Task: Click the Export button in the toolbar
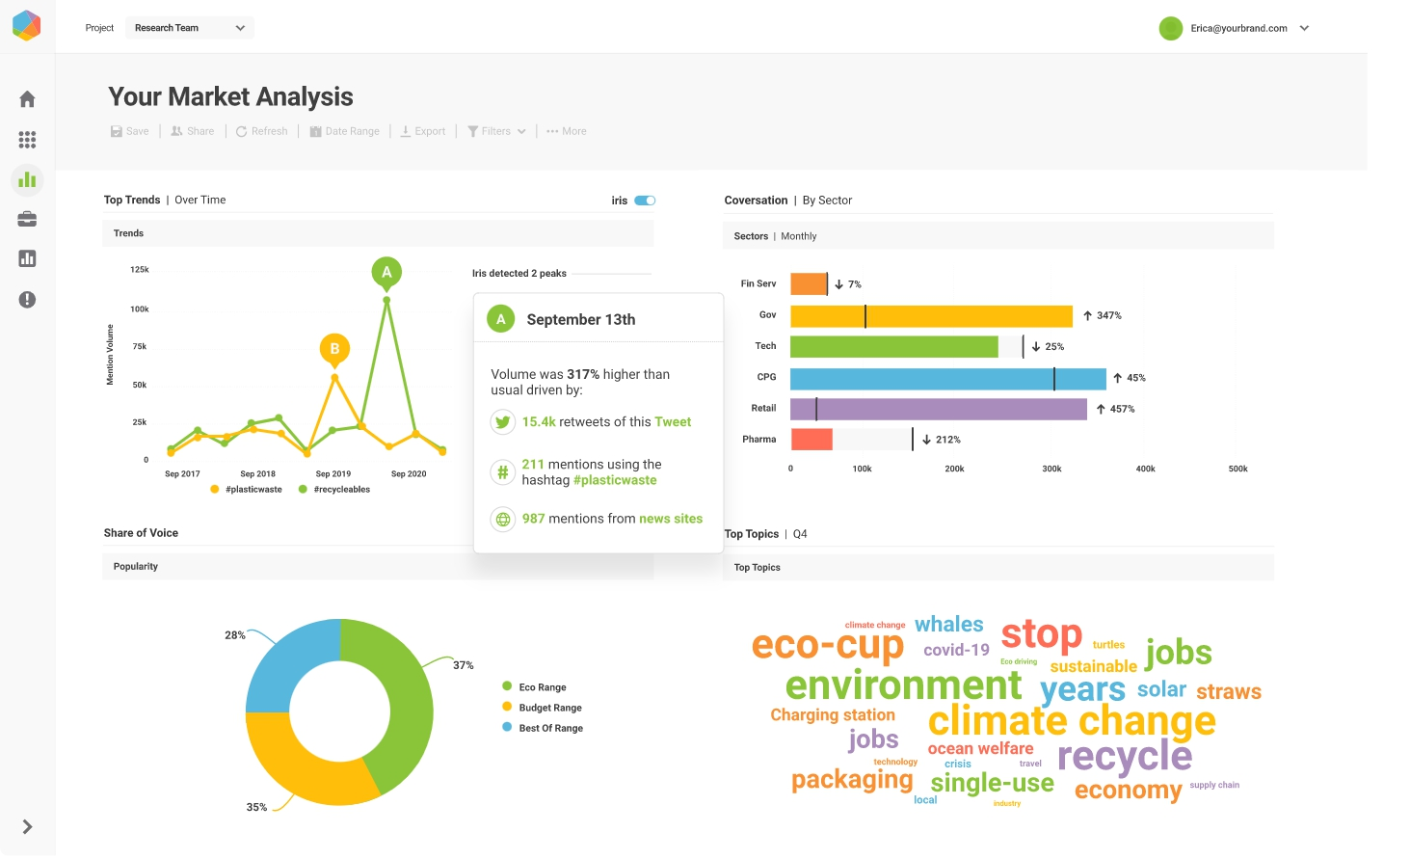tap(423, 131)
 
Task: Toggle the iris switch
tap(645, 201)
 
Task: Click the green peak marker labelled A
tap(386, 273)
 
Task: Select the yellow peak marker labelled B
tap(334, 349)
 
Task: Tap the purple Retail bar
tap(938, 409)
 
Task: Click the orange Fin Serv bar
tap(808, 283)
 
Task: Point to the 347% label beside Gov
tap(1108, 315)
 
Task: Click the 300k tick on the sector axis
tap(1051, 469)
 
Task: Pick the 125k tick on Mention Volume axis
tap(140, 270)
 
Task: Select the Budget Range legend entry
tap(549, 708)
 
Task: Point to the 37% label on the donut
tap(464, 665)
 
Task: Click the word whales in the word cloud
tap(948, 625)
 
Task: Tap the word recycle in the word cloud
tap(1124, 757)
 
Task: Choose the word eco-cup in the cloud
tap(827, 645)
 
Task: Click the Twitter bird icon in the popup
tap(502, 422)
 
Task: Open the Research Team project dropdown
tap(189, 28)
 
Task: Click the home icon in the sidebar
tap(27, 99)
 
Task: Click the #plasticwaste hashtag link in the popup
tap(615, 480)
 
